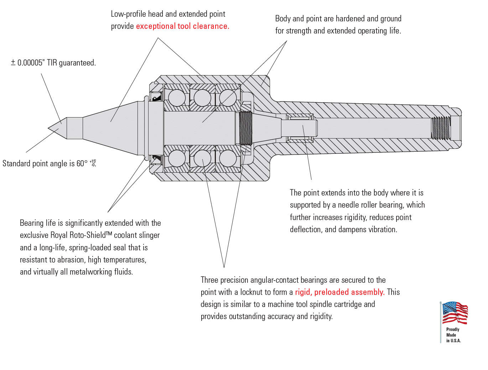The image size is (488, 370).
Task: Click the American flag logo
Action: pos(455,313)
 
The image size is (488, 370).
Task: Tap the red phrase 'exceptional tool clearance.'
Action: pos(182,26)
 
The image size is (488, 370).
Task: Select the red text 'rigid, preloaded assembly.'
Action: pos(339,292)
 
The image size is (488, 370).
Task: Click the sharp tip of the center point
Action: pos(49,128)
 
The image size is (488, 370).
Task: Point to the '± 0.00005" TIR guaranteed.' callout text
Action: pos(53,63)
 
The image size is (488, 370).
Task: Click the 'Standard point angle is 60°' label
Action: pos(45,164)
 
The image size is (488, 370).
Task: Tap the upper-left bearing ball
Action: pos(177,98)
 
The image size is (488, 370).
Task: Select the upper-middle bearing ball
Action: pos(202,98)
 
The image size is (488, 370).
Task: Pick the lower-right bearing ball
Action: pos(228,158)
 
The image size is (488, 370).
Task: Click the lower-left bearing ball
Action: pos(177,158)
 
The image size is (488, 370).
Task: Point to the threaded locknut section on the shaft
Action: pos(245,128)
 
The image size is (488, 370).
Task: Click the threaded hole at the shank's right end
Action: pos(441,128)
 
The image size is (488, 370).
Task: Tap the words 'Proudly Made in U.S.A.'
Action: pos(453,335)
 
